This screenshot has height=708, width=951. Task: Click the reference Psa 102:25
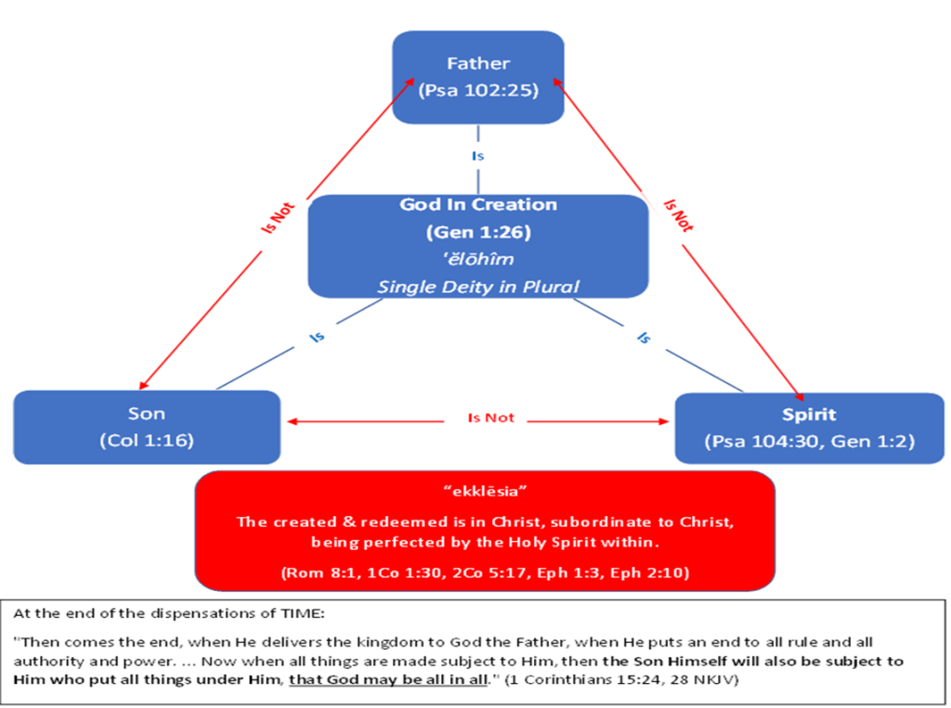pyautogui.click(x=478, y=91)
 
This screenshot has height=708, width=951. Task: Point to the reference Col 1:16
pyautogui.click(x=147, y=440)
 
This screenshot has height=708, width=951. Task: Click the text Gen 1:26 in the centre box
pyautogui.click(x=478, y=231)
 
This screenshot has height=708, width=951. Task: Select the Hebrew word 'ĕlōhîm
pyautogui.click(x=478, y=259)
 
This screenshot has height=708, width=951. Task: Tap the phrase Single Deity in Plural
pyautogui.click(x=478, y=287)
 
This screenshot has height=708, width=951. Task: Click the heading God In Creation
pyautogui.click(x=478, y=204)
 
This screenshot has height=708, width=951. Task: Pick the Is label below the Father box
pyautogui.click(x=477, y=157)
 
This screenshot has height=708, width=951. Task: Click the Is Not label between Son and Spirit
pyautogui.click(x=490, y=418)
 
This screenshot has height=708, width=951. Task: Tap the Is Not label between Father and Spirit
pyautogui.click(x=679, y=214)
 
